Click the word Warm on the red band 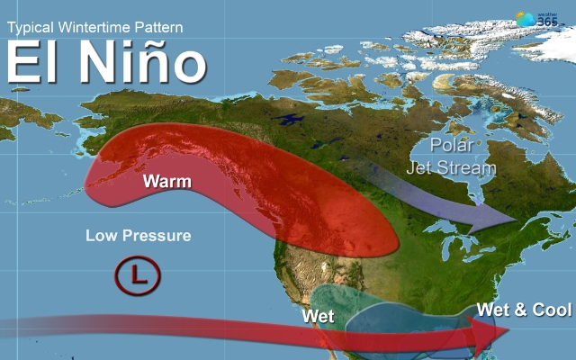pos(166,182)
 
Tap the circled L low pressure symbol pos(137,276)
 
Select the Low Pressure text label pos(138,237)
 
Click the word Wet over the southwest pos(319,316)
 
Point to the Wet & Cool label pos(524,310)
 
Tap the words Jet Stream pos(451,167)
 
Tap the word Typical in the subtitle pos(32,27)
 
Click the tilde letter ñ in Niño pos(150,65)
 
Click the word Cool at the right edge pos(552,310)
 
